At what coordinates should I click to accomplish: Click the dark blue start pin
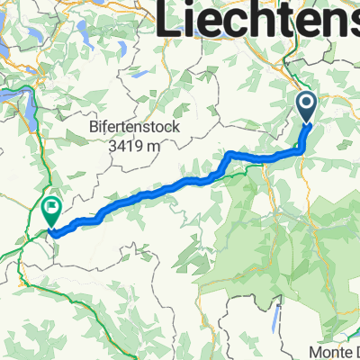coord(306,108)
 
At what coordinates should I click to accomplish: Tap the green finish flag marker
coord(52,212)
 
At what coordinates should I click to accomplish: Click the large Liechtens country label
coord(259,20)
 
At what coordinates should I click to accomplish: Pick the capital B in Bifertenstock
coord(94,128)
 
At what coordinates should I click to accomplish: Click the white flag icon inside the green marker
coord(52,211)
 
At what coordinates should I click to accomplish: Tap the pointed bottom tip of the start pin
coord(306,123)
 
